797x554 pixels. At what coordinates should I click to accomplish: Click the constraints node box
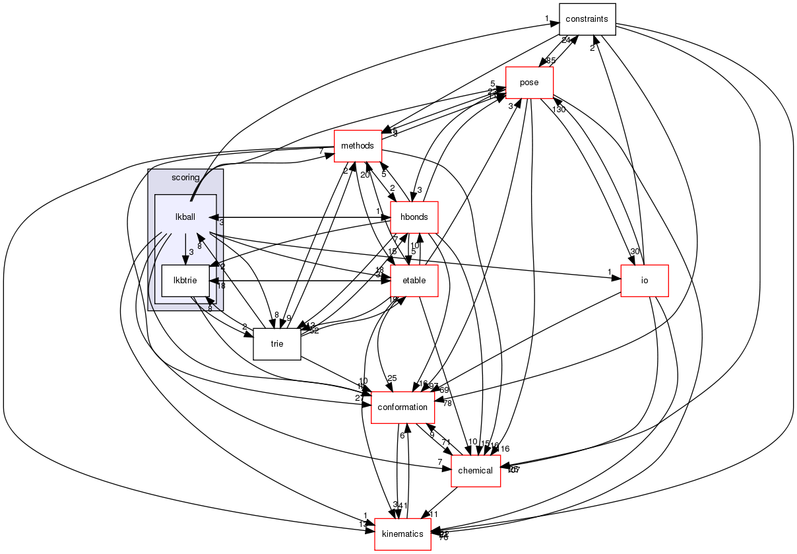pos(587,19)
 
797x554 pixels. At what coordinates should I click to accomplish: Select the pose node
pos(529,83)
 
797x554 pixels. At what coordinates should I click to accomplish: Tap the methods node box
pos(358,146)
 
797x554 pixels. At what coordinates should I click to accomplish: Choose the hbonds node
pos(414,217)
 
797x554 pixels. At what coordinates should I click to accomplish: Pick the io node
pos(645,280)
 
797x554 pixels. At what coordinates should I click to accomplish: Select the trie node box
pos(277,343)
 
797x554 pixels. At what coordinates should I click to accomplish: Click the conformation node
pos(402,407)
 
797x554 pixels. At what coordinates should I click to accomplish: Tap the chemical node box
pos(475,470)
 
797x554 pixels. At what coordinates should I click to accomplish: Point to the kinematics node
pos(402,534)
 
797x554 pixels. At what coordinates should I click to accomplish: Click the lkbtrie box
pos(185,280)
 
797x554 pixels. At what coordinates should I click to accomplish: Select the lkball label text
pos(185,217)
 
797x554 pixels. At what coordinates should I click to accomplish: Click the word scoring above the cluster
pos(185,178)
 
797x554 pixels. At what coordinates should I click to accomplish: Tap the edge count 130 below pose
pos(559,110)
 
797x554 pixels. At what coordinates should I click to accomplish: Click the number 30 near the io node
pos(635,252)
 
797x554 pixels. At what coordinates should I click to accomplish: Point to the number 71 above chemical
pos(446,443)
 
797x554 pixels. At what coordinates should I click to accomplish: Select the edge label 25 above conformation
pos(392,378)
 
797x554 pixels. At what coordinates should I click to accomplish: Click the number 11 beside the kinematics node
pos(434,514)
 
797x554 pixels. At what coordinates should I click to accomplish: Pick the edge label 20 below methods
pos(364,175)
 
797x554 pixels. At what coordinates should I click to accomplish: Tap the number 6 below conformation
pos(401,436)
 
